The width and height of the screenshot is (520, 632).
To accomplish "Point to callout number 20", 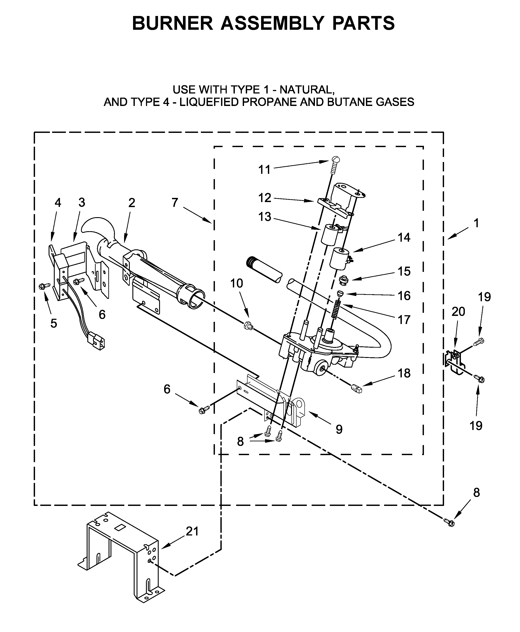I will pyautogui.click(x=458, y=312).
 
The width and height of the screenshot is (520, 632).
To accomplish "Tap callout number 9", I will pyautogui.click(x=339, y=430).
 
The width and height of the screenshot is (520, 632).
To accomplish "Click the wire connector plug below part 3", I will pyautogui.click(x=97, y=342).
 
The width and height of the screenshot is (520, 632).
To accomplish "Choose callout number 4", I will pyautogui.click(x=58, y=203).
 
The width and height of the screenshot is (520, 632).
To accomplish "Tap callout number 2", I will pyautogui.click(x=132, y=203).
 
